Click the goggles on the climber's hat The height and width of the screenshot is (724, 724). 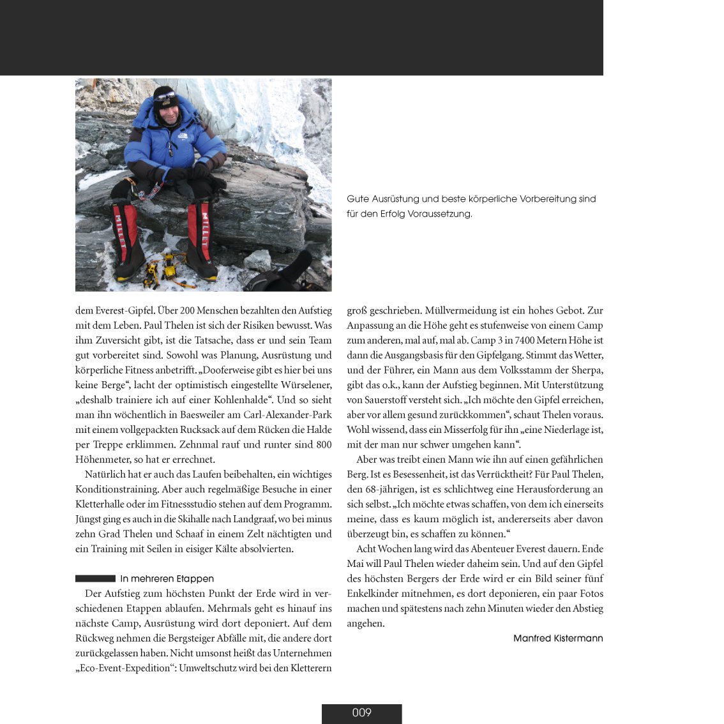coord(164,96)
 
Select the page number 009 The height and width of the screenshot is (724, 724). coord(361,713)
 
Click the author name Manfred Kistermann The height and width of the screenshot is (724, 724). coord(558,638)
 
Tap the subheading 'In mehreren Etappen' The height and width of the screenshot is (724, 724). coord(167,579)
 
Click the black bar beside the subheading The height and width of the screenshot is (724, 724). coord(95,578)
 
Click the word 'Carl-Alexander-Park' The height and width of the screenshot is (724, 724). coord(287,415)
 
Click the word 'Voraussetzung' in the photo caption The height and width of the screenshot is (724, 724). coord(441,215)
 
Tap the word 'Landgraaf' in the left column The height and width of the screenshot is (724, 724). coord(262,519)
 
